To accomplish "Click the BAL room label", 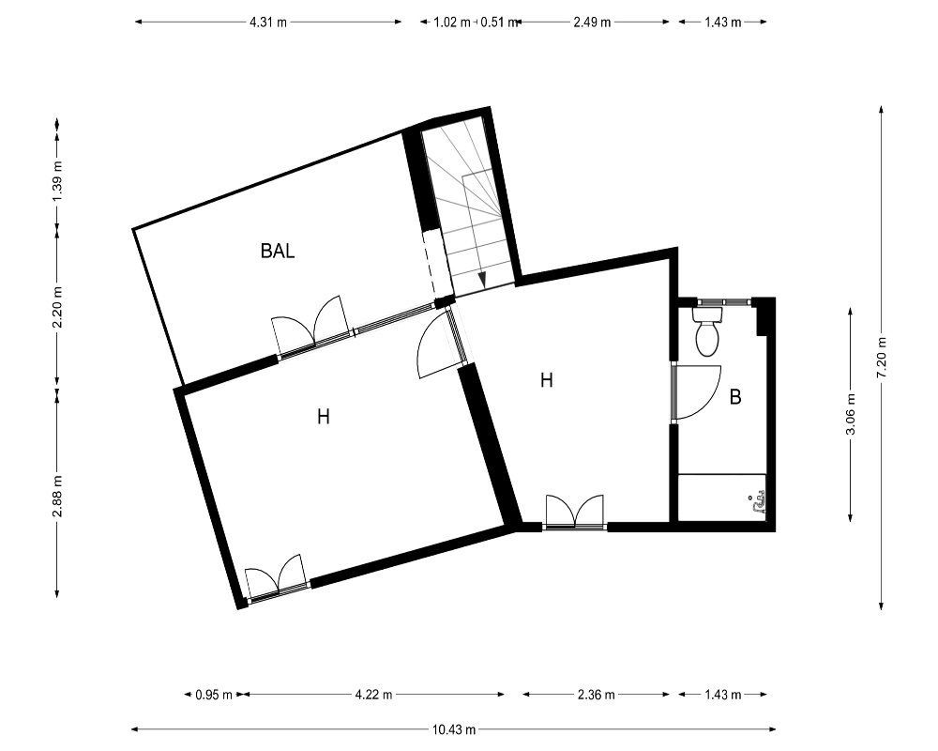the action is pyautogui.click(x=278, y=251).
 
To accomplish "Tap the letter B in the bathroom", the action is pyautogui.click(x=735, y=397).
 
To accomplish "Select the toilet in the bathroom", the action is pyautogui.click(x=707, y=331).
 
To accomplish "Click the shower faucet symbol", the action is pyautogui.click(x=757, y=504).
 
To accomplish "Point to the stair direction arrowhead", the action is pyautogui.click(x=482, y=280).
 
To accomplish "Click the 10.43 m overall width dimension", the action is pyautogui.click(x=454, y=729).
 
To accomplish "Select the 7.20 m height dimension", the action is pyautogui.click(x=882, y=358).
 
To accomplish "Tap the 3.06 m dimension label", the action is pyautogui.click(x=851, y=414).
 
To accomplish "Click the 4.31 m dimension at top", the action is pyautogui.click(x=268, y=23).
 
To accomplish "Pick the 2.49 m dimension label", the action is pyautogui.click(x=592, y=23).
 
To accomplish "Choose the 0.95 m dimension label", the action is pyautogui.click(x=214, y=695).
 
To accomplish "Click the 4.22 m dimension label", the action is pyautogui.click(x=374, y=695).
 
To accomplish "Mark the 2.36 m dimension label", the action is pyautogui.click(x=597, y=695).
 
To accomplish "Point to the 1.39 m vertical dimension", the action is pyautogui.click(x=57, y=181).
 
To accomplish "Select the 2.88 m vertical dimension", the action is pyautogui.click(x=57, y=497).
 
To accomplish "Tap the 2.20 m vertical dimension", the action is pyautogui.click(x=57, y=307).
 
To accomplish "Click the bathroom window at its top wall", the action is pyautogui.click(x=724, y=302).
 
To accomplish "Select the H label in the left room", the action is pyautogui.click(x=324, y=416).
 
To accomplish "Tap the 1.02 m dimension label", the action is pyautogui.click(x=452, y=23).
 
